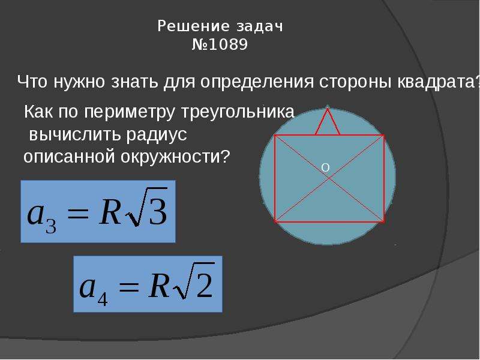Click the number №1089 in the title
(220, 44)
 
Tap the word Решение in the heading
(193, 26)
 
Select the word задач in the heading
(260, 26)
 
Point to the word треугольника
(238, 112)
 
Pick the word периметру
(129, 112)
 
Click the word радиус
(157, 134)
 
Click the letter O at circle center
(325, 167)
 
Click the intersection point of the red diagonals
(329, 178)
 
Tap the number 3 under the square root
(158, 211)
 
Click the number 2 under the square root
(205, 284)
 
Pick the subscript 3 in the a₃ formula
(51, 227)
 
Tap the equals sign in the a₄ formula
(129, 287)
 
